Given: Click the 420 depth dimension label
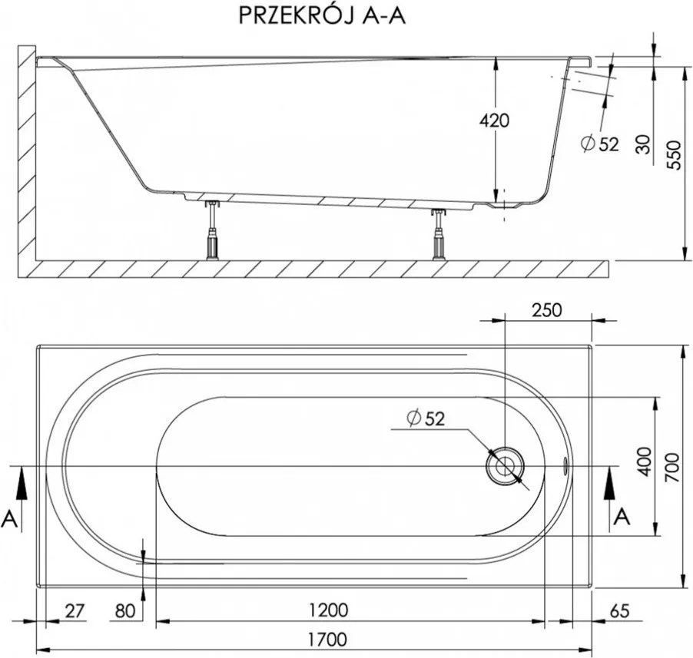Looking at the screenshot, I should point(494,121).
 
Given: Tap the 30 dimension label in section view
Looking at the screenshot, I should point(644,144).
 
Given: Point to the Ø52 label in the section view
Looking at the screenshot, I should point(599,144).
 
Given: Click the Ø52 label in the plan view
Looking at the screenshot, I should point(426,418).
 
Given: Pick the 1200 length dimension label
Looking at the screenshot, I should point(329,610).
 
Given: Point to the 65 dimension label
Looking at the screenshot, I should point(619,610).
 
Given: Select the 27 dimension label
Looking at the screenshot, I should point(74,610).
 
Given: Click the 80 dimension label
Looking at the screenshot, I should point(124,610).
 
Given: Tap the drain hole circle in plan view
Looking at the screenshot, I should point(505,466).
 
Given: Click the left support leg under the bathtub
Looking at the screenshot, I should point(211,230).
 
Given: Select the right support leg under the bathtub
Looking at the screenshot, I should point(439,234).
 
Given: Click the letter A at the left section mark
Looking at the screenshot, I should point(10,519).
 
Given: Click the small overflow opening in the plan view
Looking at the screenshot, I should point(566,464).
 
